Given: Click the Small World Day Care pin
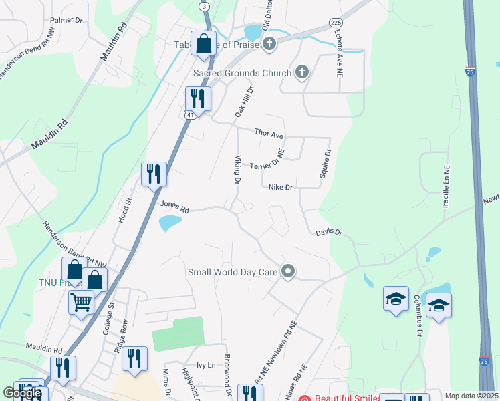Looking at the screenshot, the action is coord(288,271).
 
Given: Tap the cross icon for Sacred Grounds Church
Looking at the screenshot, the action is coord(301,72).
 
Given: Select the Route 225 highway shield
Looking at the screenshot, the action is coord(336,22).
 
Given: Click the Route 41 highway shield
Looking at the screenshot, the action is coord(190,115).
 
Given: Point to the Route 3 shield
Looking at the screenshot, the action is coord(204,6).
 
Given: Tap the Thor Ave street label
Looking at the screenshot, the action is coord(269,134).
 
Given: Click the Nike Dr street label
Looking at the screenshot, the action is coord(281,188).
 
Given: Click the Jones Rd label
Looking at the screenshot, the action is coord(174,207).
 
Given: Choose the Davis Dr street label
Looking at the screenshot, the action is coord(329,233).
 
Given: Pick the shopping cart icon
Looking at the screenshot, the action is coord(82,302).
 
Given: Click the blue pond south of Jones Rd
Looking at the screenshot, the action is coord(170,223).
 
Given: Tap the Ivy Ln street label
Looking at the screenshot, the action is coord(206,365).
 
